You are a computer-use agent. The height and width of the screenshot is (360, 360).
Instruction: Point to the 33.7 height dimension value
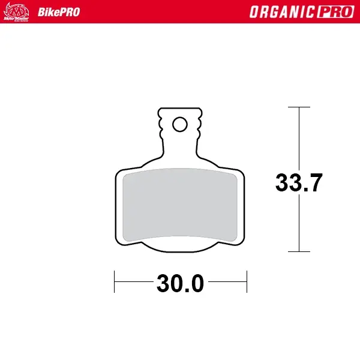click(299, 182)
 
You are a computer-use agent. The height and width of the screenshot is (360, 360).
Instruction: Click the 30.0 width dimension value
click(180, 283)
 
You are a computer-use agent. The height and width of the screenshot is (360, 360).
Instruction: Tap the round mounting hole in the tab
click(179, 124)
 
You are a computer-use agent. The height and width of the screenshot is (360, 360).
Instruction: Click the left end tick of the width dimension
click(115, 281)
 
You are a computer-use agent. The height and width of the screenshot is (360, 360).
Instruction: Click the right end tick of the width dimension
click(247, 281)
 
